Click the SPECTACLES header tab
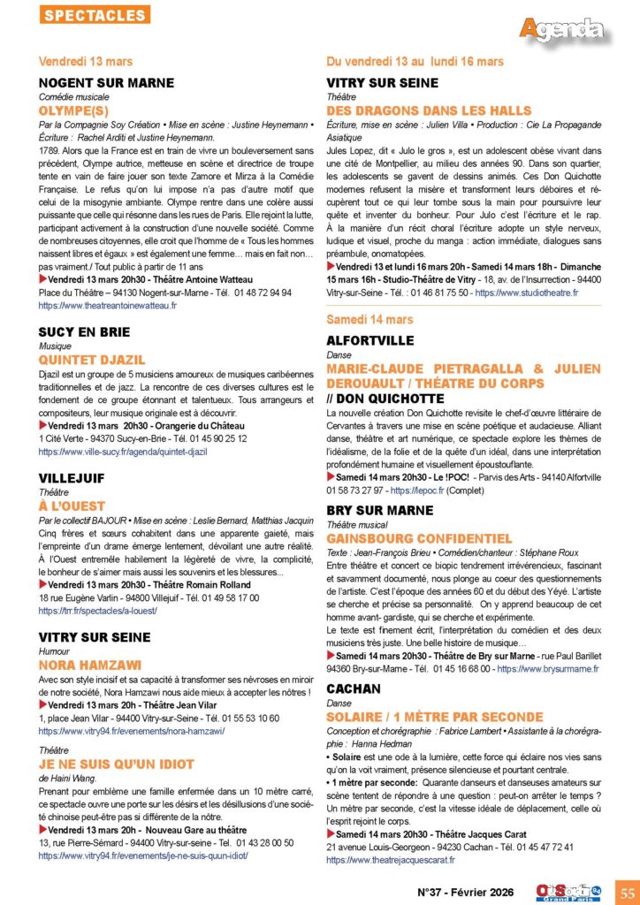click(x=95, y=15)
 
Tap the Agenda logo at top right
click(x=561, y=29)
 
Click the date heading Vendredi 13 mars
click(x=86, y=61)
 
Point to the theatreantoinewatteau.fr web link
click(x=108, y=305)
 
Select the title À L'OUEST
click(x=72, y=506)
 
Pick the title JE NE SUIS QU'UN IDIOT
click(x=117, y=764)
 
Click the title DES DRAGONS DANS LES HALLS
click(x=429, y=110)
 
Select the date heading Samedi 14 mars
click(x=370, y=318)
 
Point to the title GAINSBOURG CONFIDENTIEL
click(x=419, y=537)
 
